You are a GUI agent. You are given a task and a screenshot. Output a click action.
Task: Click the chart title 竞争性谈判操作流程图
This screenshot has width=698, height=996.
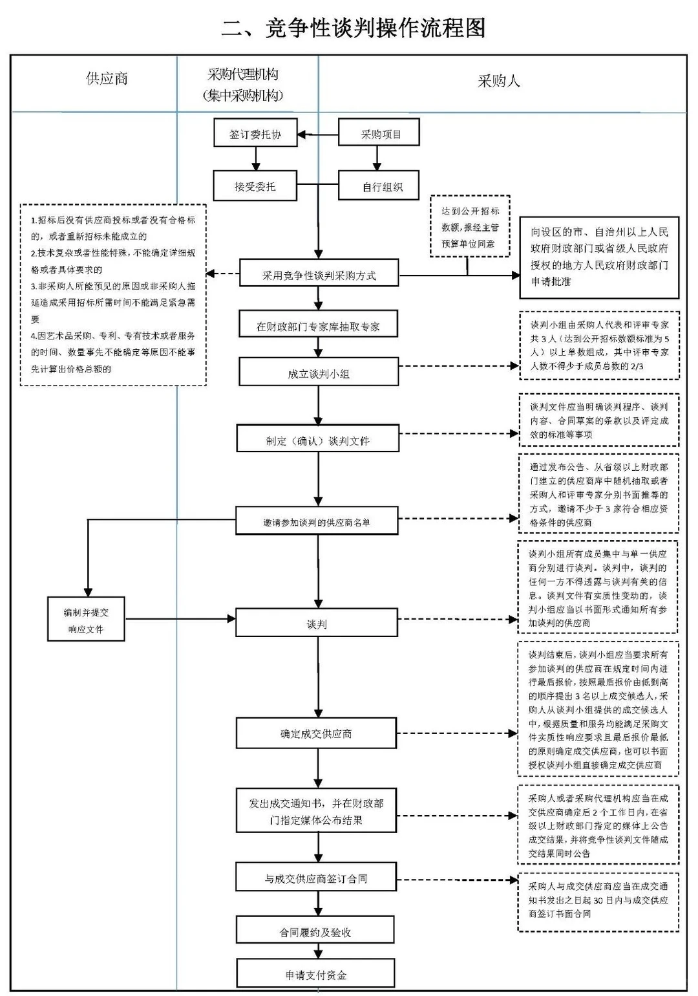point(353,27)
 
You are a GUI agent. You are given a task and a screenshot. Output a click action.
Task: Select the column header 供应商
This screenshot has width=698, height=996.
point(107,79)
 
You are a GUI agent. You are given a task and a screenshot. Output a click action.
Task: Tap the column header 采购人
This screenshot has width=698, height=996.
point(498,81)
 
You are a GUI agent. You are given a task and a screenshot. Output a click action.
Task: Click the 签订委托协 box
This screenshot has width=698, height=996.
point(255,134)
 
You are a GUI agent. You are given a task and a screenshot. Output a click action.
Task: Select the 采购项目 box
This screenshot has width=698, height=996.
point(379,134)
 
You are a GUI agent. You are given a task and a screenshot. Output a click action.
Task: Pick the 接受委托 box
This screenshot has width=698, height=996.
point(255,186)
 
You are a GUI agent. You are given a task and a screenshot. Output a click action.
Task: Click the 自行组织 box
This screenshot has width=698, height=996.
point(379,186)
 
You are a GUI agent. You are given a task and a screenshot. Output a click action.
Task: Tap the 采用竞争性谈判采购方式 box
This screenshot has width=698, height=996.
point(319,274)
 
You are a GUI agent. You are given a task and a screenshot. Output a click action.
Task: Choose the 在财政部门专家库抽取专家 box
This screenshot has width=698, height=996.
point(318,325)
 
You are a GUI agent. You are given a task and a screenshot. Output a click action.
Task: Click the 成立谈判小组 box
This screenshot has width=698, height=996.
point(318,373)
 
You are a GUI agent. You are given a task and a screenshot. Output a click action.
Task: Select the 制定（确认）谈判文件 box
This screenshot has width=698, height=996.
point(317,440)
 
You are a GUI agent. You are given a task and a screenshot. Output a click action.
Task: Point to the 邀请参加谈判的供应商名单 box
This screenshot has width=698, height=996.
point(317,521)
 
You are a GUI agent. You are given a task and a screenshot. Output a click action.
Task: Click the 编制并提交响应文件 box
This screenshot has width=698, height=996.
point(86,620)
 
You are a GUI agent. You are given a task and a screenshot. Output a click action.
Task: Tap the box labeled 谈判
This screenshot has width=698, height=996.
point(316,623)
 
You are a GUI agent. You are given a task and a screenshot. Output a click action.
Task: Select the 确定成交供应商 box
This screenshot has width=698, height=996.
point(316,733)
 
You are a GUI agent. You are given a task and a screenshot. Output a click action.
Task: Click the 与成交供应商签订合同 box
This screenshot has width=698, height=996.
point(316,878)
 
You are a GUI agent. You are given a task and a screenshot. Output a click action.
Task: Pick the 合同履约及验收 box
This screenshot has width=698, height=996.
point(315,931)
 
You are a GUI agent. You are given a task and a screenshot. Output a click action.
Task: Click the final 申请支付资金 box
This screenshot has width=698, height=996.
point(315,974)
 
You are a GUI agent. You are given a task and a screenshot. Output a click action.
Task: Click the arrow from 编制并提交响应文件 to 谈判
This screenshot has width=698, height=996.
point(180,619)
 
